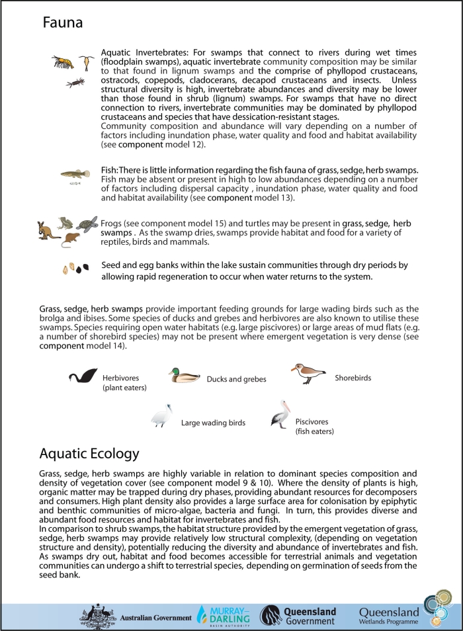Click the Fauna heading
tap(63, 23)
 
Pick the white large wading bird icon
tap(161, 417)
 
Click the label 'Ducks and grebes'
tap(237, 380)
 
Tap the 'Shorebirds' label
tap(353, 378)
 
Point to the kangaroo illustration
tap(48, 229)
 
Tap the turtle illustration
tap(86, 224)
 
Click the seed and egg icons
tap(75, 269)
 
